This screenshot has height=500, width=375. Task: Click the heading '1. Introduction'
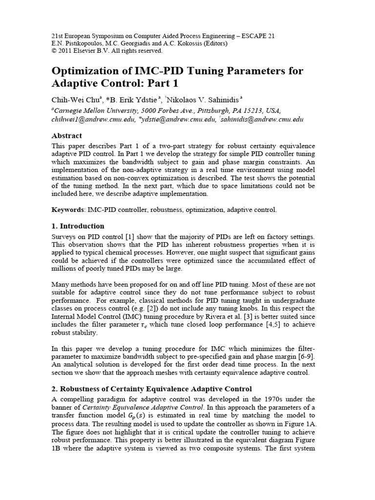click(x=78, y=226)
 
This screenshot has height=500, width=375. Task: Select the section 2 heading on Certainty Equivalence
click(x=151, y=389)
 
